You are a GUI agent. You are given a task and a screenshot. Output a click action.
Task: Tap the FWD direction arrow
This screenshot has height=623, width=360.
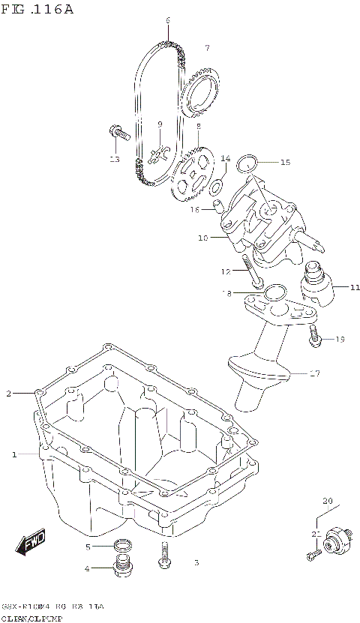32,542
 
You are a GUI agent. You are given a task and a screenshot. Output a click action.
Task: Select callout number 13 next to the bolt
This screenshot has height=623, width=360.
114,159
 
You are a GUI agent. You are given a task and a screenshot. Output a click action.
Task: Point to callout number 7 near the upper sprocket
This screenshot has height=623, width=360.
205,48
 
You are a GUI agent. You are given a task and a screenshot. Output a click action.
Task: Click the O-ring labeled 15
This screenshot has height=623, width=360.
247,162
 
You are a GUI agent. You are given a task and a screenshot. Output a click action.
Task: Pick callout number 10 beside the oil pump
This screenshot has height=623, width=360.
202,238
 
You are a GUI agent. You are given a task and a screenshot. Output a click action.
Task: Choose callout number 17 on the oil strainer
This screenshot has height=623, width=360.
314,372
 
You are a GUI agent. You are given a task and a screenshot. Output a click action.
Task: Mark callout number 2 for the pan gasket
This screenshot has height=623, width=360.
9,393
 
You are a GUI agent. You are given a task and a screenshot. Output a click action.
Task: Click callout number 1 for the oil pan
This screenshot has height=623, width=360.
13,454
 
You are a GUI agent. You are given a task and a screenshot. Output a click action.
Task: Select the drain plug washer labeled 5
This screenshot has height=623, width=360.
122,545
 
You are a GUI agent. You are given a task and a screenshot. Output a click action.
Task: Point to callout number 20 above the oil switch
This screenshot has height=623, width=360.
327,500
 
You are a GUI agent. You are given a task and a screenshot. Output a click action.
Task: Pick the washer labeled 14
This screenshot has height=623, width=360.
216,185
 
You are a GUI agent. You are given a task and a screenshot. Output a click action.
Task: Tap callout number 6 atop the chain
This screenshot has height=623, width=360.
168,19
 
